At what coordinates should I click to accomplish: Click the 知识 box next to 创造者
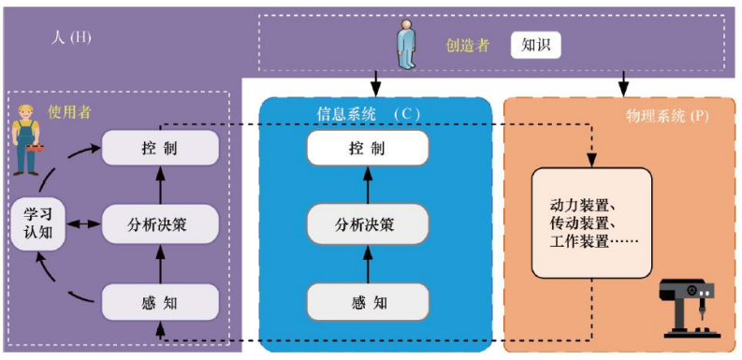click(535, 44)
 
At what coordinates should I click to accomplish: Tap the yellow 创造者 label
click(467, 45)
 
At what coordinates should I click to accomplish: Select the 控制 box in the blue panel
click(367, 149)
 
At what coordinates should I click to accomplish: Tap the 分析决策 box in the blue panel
click(367, 224)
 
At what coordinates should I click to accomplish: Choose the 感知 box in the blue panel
click(367, 301)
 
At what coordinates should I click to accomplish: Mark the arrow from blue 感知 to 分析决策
click(367, 264)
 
